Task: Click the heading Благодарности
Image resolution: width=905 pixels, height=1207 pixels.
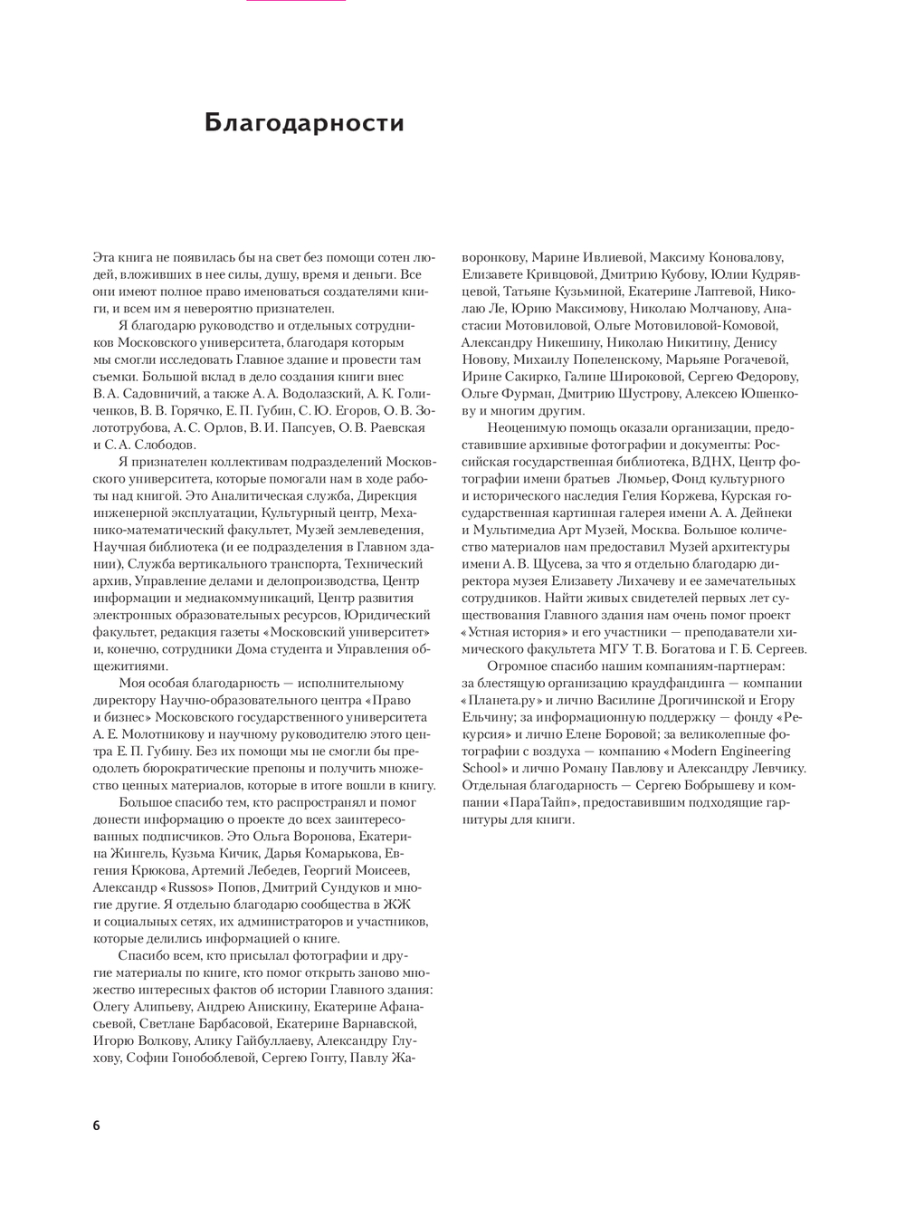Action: tap(304, 122)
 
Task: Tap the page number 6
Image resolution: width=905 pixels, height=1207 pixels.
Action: tap(97, 1126)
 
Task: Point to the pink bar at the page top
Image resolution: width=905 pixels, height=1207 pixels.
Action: tap(296, 1)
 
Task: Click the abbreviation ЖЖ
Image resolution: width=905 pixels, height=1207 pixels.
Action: tap(396, 905)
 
